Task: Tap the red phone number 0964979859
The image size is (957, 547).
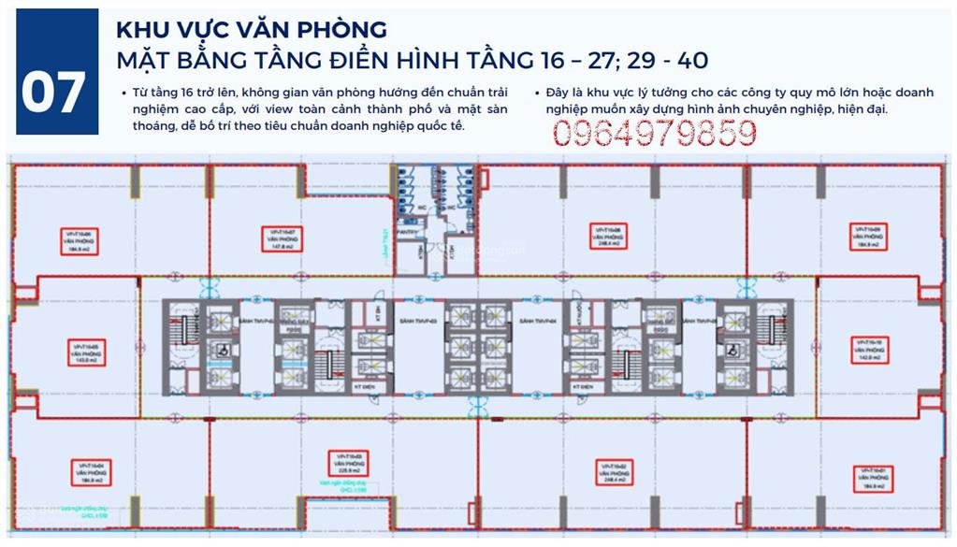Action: point(654,134)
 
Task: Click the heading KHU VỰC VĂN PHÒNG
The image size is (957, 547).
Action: point(251,29)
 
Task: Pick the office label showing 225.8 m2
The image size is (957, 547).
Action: point(346,463)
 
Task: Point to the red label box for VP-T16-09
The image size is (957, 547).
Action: point(867,238)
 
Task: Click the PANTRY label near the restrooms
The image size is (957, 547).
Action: point(405,231)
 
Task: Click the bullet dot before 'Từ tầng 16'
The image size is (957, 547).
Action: point(123,94)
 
